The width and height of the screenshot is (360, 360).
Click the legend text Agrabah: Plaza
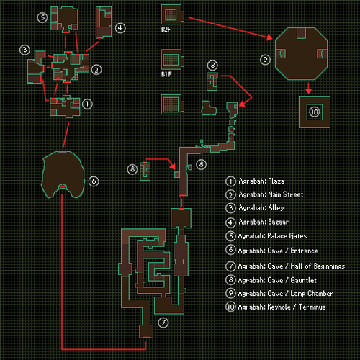point(261,181)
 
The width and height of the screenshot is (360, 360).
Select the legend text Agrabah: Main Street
point(271,194)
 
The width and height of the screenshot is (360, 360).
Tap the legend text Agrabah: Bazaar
point(264,222)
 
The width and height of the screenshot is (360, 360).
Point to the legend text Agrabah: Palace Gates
point(272,236)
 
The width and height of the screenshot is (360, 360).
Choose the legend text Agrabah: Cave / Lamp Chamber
point(286,293)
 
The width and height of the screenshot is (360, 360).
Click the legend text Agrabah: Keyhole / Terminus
point(282,307)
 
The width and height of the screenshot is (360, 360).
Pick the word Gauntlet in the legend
point(304,280)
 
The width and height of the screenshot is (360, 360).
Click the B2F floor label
point(166,30)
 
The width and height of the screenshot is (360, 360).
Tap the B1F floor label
point(166,74)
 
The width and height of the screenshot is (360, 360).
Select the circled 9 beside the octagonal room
point(265,60)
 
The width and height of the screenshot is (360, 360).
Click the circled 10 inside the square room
point(315,112)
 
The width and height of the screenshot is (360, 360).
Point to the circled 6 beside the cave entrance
point(94,181)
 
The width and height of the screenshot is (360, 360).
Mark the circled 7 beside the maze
point(163,323)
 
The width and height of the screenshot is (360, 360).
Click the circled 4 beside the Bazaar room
point(120,28)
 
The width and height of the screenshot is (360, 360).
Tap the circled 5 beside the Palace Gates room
point(42,17)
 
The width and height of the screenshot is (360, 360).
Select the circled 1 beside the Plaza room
point(87,104)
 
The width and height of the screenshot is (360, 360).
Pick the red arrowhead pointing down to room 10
point(309,91)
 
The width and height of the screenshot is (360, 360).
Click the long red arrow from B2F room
point(230,27)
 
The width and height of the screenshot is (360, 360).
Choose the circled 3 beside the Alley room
point(24,50)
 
